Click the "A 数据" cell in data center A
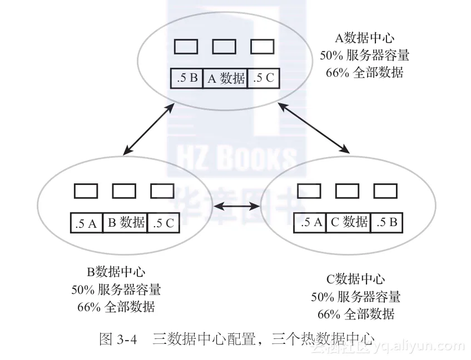[x=226, y=78]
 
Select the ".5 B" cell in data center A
[x=187, y=78]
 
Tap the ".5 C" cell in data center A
[x=263, y=78]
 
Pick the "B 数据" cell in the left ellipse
[x=126, y=223]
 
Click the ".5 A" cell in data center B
[x=87, y=223]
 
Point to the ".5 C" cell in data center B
[x=163, y=223]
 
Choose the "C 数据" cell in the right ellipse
[x=349, y=222]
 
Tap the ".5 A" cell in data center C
[x=310, y=222]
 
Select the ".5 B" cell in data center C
[x=386, y=222]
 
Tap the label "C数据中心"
[x=355, y=279]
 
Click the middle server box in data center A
[x=224, y=47]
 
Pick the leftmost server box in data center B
[x=86, y=191]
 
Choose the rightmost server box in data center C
[x=385, y=191]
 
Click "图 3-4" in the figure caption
[x=117, y=339]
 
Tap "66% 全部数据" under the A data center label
[x=364, y=73]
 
